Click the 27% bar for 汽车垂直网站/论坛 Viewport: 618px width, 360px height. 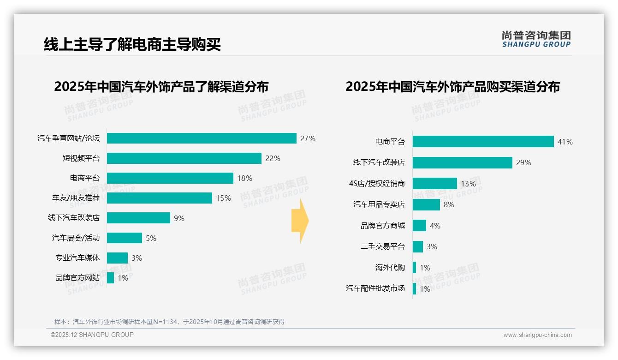202,138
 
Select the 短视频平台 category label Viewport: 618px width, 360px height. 81,158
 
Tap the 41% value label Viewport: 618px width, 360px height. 565,142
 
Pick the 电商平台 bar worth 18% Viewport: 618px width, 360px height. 170,178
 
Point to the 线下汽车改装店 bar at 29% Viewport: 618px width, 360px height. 462,162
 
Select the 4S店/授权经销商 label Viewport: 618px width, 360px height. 377,184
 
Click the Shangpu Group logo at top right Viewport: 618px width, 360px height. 536,39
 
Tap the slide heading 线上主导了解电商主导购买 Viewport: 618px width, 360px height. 132,44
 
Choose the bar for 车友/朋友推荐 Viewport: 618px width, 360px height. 160,198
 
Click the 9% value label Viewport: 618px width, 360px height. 179,218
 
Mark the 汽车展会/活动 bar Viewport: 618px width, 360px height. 125,238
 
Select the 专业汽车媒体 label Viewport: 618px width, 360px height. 77,258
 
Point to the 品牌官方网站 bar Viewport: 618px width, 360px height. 110,278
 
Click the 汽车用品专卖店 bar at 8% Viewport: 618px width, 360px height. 426,204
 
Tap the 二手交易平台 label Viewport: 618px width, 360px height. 383,246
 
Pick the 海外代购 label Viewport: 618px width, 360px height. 390,268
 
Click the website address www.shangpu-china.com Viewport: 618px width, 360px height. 537,335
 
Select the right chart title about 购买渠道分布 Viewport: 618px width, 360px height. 452,87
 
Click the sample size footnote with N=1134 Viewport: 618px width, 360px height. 169,322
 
